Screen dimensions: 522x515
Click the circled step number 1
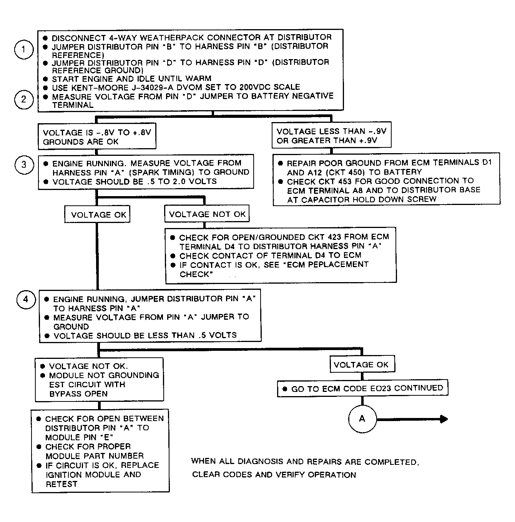[24, 50]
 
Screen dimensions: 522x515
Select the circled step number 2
[24, 100]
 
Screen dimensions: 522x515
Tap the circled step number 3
[24, 165]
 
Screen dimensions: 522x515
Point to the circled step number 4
[26, 299]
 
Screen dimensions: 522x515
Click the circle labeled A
[362, 419]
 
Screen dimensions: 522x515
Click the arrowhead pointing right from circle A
[444, 419]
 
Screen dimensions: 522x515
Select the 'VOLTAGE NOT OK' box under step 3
[207, 214]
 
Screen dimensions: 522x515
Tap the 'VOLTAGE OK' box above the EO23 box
[361, 365]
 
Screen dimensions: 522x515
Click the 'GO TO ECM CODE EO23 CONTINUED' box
[362, 388]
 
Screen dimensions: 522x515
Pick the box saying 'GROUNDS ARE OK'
[97, 137]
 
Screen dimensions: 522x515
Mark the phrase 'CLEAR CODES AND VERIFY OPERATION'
[274, 475]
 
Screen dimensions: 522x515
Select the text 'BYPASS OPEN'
[78, 394]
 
